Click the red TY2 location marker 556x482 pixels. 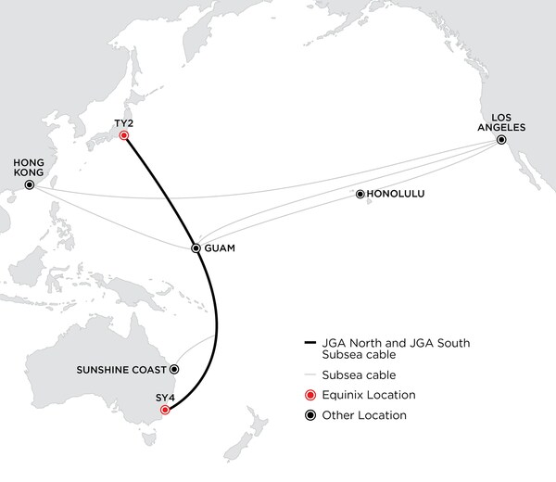click(124, 135)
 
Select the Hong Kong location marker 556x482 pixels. click(30, 185)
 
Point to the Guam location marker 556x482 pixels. click(196, 248)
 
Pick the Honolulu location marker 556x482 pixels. click(360, 195)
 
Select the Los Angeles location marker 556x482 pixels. click(500, 140)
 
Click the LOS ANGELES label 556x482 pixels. click(499, 121)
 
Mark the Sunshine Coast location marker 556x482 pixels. click(174, 368)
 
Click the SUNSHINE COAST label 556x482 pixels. click(122, 368)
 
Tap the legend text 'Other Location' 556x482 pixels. click(360, 415)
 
